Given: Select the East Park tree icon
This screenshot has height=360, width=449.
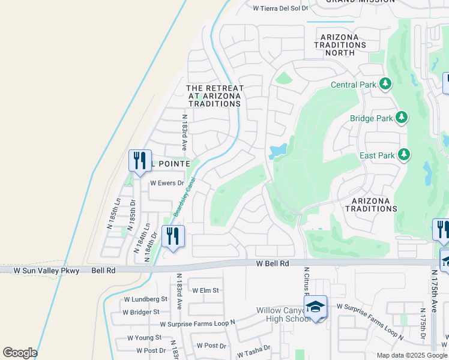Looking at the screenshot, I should tap(403, 155).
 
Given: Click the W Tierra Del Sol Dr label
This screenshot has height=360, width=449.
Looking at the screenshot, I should tap(280, 8).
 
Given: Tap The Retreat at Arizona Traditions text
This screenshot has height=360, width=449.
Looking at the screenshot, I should tap(214, 96).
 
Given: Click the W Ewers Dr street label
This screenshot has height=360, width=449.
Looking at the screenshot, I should tap(166, 183).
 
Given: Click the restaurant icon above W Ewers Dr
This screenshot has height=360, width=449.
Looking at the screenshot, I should tap(139, 161).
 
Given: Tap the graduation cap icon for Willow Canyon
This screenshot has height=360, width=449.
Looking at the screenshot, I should tap(315, 307).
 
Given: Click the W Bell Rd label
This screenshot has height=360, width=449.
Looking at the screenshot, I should tap(273, 263).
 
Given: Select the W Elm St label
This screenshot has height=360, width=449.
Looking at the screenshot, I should tap(206, 290).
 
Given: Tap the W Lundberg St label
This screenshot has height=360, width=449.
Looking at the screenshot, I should tap(145, 299).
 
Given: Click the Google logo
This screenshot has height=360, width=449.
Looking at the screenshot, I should tap(20, 352).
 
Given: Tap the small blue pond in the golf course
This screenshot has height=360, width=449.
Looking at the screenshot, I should tap(278, 151).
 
